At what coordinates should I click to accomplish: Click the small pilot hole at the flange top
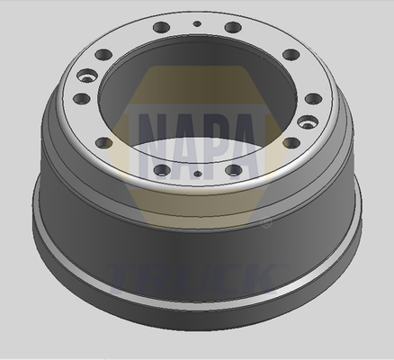click(x=197, y=23)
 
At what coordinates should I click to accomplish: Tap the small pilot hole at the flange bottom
click(x=197, y=174)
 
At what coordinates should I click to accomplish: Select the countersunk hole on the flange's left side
click(x=87, y=76)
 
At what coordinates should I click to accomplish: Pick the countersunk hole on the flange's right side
click(x=308, y=122)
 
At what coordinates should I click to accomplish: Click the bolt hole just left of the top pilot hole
click(x=162, y=27)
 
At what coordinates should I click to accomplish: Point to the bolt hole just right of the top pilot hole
click(x=233, y=28)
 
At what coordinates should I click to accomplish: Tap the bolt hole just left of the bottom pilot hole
click(x=162, y=170)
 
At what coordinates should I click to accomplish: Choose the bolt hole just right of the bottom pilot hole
click(x=234, y=170)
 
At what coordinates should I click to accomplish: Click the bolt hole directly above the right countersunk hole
click(x=314, y=99)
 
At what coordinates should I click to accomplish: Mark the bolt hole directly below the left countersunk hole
click(x=82, y=98)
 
